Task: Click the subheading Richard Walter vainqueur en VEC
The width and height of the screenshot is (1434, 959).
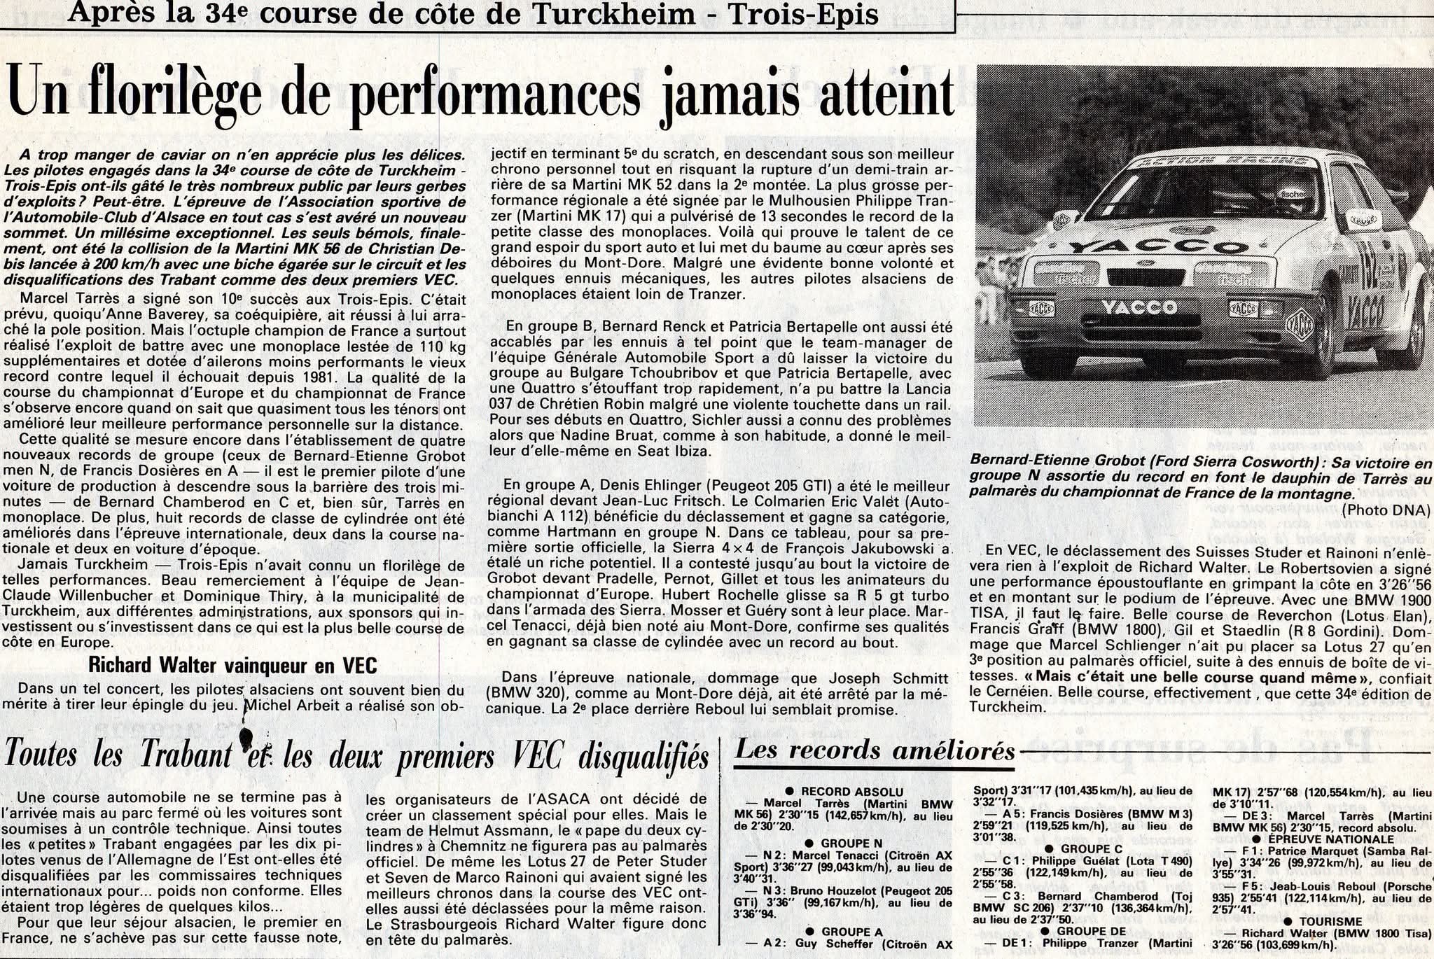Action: click(x=232, y=665)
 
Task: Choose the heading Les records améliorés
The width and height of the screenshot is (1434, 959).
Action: click(x=875, y=750)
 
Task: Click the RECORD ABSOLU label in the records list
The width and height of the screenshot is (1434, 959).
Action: click(x=851, y=792)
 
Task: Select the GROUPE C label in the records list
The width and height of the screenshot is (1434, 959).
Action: click(x=1090, y=849)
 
